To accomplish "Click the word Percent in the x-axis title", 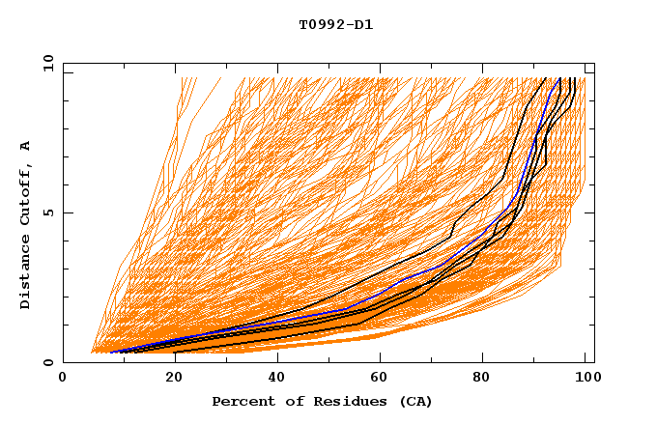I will coord(243,401).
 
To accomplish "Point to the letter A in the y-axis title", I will coord(26,146).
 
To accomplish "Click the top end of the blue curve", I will coord(559,78).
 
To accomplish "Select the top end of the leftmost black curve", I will coord(545,78).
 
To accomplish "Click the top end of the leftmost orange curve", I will coord(182,78).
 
